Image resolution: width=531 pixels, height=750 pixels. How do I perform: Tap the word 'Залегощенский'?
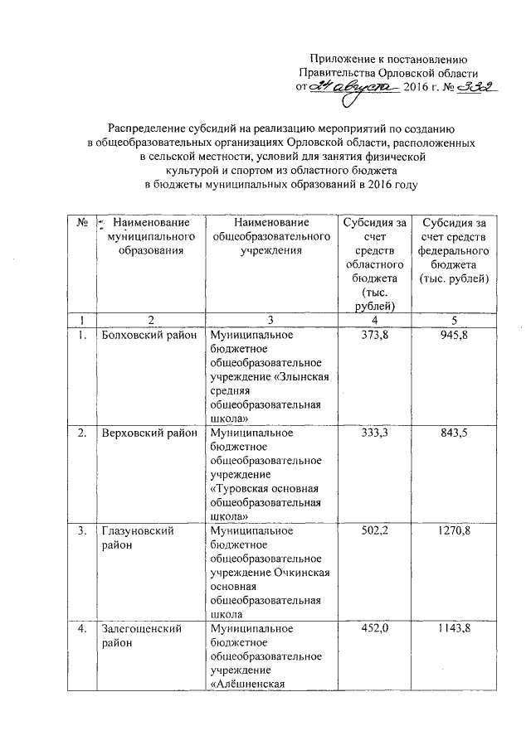(x=140, y=629)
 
